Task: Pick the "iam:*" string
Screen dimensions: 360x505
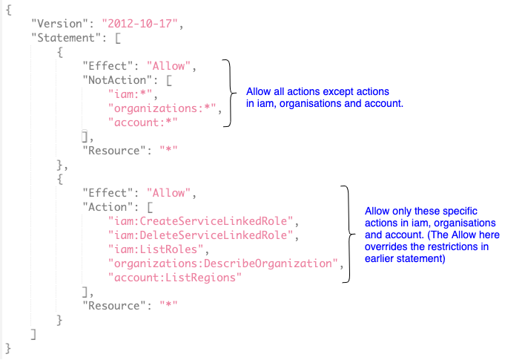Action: tap(127, 94)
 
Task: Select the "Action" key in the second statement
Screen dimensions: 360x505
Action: tap(105, 207)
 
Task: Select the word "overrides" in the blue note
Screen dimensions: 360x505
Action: tap(387, 249)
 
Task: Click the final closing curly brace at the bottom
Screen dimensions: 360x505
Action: tap(8, 347)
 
